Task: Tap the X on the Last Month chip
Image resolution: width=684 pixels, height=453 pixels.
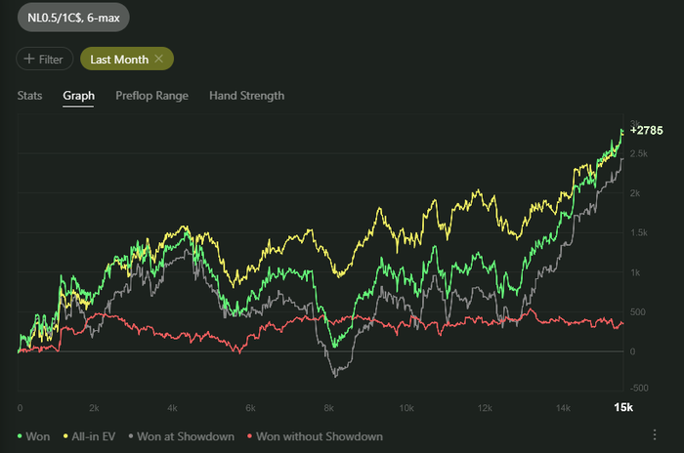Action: point(159,60)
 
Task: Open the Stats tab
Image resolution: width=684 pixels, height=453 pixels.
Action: point(29,96)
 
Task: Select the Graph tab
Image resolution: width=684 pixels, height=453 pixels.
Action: point(78,96)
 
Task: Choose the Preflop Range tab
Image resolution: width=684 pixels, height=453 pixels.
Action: point(151,96)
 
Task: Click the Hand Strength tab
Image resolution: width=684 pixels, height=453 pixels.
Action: point(246,96)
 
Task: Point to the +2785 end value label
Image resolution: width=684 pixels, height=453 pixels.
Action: point(646,130)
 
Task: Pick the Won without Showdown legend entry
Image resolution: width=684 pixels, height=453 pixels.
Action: point(318,436)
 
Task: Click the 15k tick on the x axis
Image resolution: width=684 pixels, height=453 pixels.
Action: point(622,406)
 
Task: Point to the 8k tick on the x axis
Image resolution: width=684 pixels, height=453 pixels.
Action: point(329,406)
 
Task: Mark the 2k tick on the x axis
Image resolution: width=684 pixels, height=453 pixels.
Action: point(95,406)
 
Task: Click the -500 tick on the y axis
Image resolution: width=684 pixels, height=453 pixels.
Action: point(640,387)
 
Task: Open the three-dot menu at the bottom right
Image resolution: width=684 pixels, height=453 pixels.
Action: point(654,435)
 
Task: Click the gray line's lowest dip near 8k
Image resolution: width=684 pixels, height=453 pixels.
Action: point(335,375)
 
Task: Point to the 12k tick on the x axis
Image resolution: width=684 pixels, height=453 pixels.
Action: point(485,406)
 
